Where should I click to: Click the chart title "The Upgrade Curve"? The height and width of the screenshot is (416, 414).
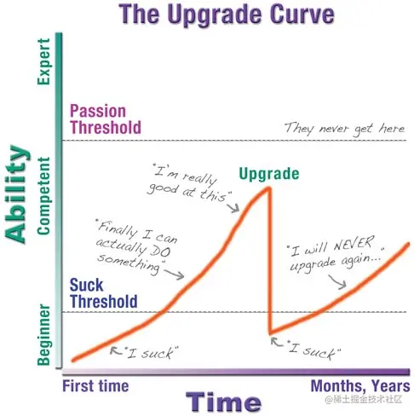point(227,14)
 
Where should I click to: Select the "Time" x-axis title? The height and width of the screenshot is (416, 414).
point(223,401)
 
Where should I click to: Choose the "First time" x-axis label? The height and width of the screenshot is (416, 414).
point(96,385)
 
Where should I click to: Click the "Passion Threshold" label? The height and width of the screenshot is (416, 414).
point(106,120)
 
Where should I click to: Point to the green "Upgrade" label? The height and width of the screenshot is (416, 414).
point(269,174)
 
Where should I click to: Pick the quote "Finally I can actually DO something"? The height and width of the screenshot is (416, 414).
point(133,245)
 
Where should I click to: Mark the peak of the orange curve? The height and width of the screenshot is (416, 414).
point(269,188)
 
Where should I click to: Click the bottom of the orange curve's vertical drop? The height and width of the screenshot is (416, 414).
point(269,332)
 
